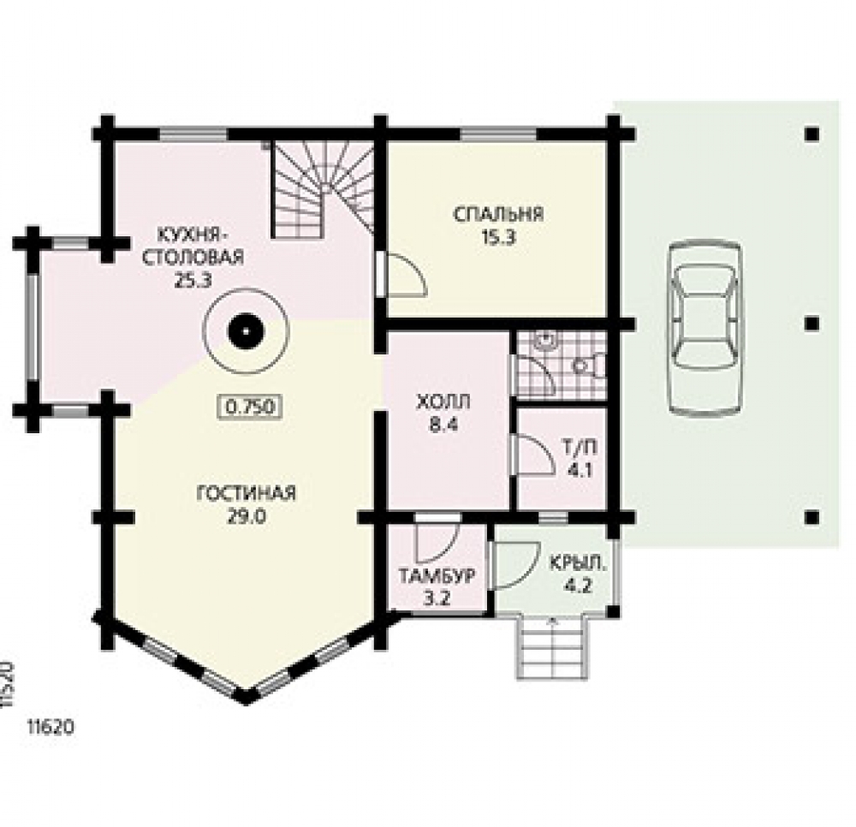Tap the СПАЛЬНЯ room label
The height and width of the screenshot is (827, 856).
[x=498, y=214]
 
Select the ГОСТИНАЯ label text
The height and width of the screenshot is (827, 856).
[x=246, y=493]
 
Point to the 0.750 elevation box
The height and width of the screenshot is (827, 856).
[x=249, y=407]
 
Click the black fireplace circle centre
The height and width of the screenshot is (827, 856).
[x=246, y=332]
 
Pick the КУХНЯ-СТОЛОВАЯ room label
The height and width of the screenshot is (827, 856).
[x=193, y=246]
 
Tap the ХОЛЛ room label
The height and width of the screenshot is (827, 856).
[x=443, y=403]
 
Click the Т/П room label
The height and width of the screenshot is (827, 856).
[x=580, y=447]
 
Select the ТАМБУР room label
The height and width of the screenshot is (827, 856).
[x=437, y=576]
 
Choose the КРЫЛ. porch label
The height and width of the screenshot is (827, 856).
[x=578, y=564]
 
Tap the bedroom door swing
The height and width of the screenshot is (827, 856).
[x=405, y=275]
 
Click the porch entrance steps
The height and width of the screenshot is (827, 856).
[x=553, y=647]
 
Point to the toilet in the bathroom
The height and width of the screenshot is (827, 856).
[x=589, y=366]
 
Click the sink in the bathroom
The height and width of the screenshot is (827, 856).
[x=546, y=340]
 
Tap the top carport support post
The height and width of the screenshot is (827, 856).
[x=811, y=134]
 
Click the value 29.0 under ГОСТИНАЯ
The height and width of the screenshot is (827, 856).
[x=247, y=516]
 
